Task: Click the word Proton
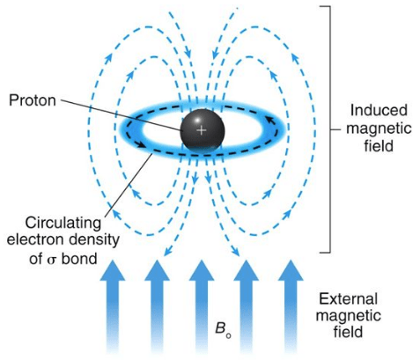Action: (33, 100)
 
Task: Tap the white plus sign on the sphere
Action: (201, 130)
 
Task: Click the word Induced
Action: (379, 110)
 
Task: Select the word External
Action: (348, 299)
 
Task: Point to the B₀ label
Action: (223, 330)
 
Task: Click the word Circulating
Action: (63, 223)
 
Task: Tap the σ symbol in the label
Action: (51, 261)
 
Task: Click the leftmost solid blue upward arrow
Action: (113, 305)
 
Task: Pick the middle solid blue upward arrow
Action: (202, 305)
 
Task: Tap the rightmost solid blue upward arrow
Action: (291, 305)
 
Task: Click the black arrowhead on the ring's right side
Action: (271, 120)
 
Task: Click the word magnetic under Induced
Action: (379, 129)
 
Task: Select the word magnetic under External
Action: (349, 316)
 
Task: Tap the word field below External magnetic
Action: (348, 333)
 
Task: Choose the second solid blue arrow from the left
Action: (157, 305)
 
